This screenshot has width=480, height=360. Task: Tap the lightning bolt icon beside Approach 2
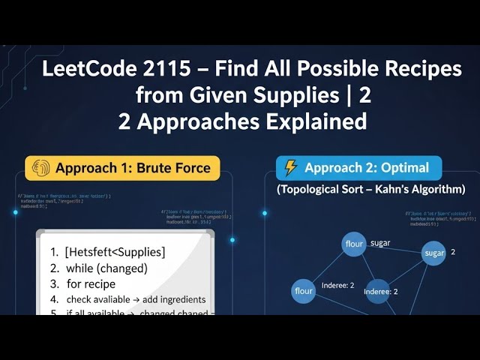[290, 168]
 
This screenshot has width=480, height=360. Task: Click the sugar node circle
[434, 253]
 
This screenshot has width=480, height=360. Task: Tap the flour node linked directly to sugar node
[353, 244]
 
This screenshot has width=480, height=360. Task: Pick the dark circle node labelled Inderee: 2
[377, 291]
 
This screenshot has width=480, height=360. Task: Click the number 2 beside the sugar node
[453, 252]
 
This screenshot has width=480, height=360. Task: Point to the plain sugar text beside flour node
[380, 243]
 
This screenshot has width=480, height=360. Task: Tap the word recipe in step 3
[102, 284]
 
